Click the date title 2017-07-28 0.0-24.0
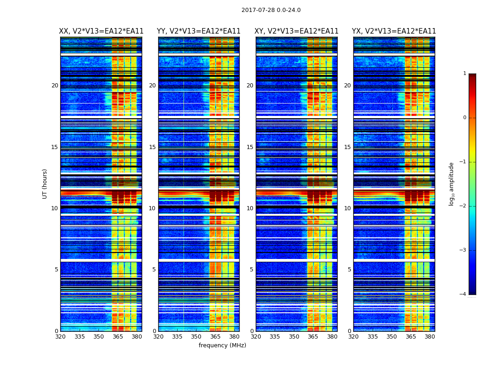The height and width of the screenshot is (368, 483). click(271, 10)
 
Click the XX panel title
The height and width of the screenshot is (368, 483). click(101, 31)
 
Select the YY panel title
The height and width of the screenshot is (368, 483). click(199, 31)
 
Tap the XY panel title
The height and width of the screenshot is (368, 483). click(297, 31)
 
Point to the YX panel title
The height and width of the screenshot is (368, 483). click(394, 31)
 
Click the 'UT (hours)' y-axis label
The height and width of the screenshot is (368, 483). click(45, 184)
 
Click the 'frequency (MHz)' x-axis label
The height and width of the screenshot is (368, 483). click(222, 345)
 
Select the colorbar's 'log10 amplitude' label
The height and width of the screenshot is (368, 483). click(452, 184)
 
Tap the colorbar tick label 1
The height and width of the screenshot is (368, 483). click(465, 74)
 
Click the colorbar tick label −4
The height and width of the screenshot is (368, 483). click(463, 294)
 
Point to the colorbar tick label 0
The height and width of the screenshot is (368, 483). click(465, 118)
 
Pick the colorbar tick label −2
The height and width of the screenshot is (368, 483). click(463, 206)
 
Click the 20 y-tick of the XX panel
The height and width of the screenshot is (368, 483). click(55, 86)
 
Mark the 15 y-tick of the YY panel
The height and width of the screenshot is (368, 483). click(152, 147)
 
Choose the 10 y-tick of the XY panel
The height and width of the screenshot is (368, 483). click(250, 208)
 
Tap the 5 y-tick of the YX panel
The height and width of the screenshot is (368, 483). click(349, 270)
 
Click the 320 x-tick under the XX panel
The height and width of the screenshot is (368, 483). click(60, 337)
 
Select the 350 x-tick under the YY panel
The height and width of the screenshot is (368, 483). click(196, 337)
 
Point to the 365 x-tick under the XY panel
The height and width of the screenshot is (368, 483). click(313, 337)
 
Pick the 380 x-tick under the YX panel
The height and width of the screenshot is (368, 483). click(430, 337)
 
